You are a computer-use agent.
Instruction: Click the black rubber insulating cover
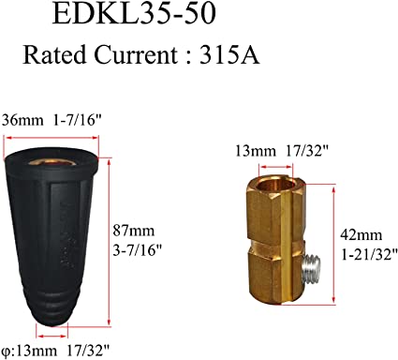(x=60, y=234)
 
